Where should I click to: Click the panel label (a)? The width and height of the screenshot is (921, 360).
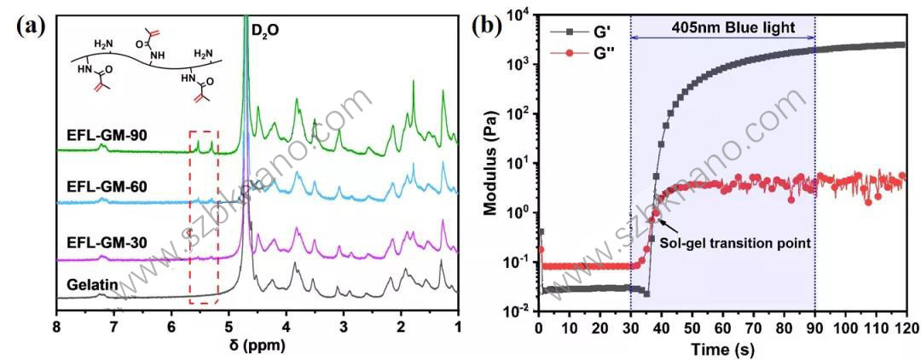point(31,25)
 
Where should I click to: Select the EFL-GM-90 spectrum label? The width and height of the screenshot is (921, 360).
point(102,134)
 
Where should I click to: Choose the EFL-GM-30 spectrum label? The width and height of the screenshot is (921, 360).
point(102,243)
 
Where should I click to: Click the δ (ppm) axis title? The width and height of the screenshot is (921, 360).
point(254,345)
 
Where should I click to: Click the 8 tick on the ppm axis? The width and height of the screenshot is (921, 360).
point(57,325)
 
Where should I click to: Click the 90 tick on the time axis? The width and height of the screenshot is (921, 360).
point(815,327)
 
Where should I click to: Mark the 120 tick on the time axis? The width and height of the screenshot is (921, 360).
point(906,327)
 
